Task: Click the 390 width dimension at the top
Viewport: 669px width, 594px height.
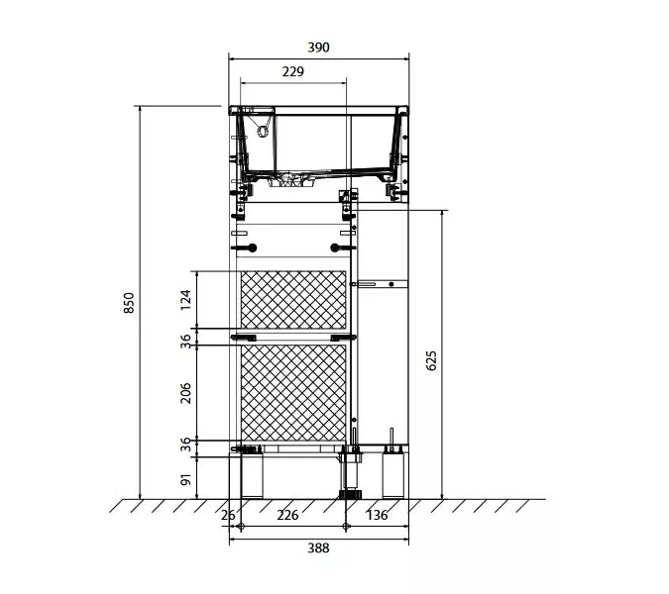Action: click(319, 48)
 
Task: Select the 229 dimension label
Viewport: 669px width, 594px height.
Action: click(293, 71)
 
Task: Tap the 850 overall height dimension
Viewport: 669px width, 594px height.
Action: click(129, 303)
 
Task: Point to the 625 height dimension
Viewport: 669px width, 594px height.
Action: click(431, 360)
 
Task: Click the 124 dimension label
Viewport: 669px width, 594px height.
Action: click(185, 300)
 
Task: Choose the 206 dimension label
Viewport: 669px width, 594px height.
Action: click(185, 393)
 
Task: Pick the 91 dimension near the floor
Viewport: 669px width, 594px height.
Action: click(185, 479)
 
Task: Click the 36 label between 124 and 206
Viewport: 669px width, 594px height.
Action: click(185, 342)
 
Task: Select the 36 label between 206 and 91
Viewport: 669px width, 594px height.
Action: click(185, 445)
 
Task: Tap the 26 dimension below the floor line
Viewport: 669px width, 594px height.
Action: click(228, 515)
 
